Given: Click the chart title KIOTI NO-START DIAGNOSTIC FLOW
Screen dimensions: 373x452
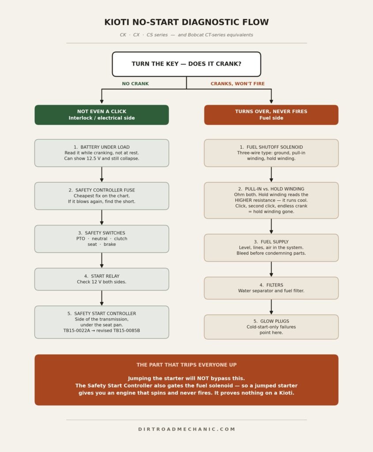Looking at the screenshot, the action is [x=186, y=22].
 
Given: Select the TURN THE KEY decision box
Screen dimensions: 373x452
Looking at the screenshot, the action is [x=186, y=64].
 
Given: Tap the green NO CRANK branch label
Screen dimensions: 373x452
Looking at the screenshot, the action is [x=135, y=83].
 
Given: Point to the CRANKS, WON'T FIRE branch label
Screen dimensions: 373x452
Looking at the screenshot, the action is [x=237, y=83].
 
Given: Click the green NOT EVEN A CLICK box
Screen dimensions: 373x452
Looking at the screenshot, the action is [x=102, y=115].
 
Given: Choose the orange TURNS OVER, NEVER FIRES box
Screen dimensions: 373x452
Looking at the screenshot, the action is [x=271, y=115].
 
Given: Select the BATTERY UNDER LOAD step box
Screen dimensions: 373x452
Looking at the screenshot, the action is [x=102, y=153].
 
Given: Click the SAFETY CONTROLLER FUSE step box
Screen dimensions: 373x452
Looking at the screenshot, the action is [x=102, y=196].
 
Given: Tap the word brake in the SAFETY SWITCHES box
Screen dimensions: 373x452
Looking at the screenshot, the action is [x=110, y=244].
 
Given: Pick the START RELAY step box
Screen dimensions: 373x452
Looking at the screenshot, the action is [x=102, y=279].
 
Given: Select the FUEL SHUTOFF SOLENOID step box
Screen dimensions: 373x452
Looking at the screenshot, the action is [x=271, y=153].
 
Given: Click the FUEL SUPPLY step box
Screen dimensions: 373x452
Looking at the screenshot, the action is [x=271, y=248].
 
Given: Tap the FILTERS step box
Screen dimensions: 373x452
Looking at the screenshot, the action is [x=271, y=288].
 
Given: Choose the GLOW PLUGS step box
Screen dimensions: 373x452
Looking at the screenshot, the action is [x=271, y=327].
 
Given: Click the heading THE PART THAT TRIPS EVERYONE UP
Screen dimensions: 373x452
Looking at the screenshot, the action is [x=186, y=365].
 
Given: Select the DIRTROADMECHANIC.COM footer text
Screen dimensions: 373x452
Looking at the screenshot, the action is [x=186, y=429].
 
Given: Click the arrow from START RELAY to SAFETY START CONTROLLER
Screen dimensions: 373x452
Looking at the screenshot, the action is [x=102, y=298].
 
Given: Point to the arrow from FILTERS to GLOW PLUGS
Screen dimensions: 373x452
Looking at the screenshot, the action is [x=271, y=307].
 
